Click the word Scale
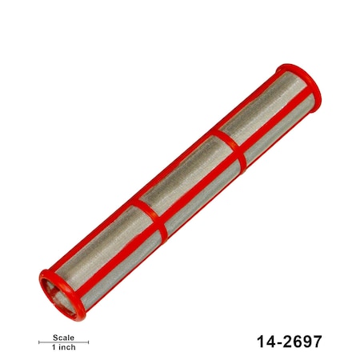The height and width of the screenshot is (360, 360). click(64, 337)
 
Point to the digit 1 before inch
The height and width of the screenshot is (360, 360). click(54, 348)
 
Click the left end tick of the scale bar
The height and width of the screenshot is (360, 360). click(39, 342)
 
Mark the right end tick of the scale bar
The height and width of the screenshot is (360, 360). click(89, 342)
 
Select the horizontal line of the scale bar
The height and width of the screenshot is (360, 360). click(64, 342)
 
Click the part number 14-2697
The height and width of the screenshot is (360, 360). click(289, 342)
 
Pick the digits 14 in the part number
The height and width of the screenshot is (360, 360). click(265, 342)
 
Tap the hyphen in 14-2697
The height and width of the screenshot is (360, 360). click(277, 342)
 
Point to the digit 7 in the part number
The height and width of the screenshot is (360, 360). click(317, 342)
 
